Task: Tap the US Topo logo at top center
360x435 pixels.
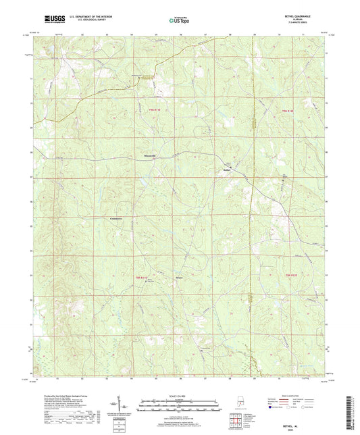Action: tap(180, 20)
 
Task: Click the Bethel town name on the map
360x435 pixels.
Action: tap(228, 170)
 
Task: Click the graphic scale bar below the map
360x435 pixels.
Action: tap(180, 407)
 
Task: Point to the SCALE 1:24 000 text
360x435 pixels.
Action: tap(180, 394)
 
